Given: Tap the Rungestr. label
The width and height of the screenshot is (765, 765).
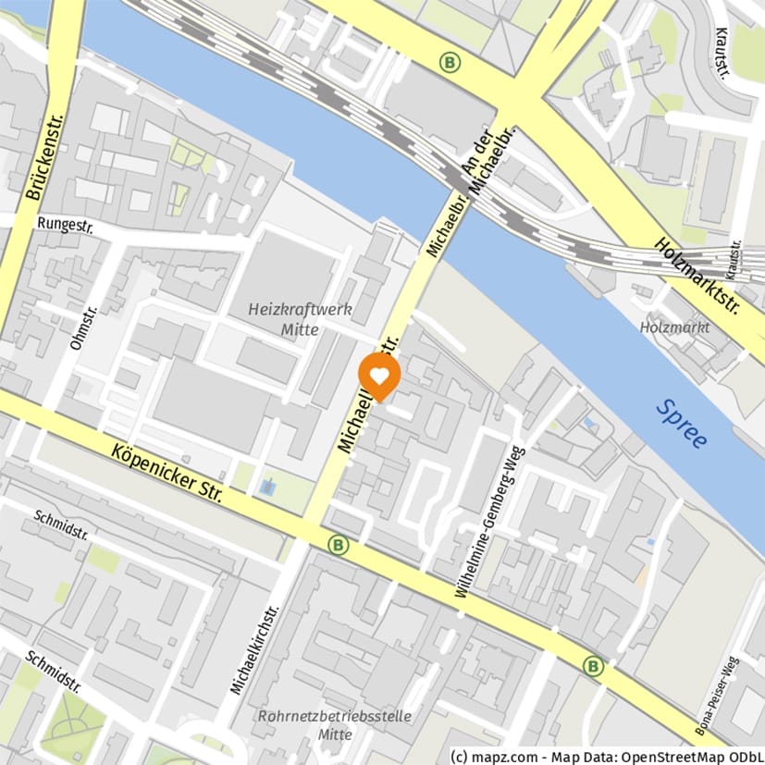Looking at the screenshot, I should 68,223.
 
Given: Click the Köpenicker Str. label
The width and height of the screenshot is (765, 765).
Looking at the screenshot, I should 167,472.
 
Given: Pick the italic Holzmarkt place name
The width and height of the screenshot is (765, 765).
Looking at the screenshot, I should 674,327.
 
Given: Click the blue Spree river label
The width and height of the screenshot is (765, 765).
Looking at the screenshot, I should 681,423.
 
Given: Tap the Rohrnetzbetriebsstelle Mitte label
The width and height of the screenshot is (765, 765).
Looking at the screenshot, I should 334,725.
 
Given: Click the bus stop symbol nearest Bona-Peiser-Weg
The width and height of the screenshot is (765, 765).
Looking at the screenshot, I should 593,665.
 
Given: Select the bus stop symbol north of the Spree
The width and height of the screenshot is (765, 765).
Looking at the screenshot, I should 450,62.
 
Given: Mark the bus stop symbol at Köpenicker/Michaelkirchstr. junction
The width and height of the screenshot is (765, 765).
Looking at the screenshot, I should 339,545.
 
